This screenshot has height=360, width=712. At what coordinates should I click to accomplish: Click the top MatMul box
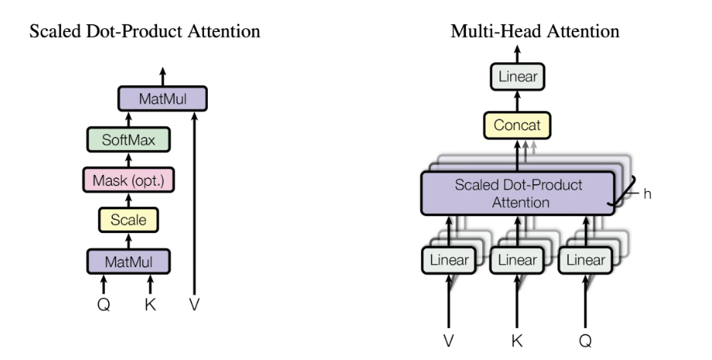(162, 99)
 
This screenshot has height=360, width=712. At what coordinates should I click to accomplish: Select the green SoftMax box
(129, 140)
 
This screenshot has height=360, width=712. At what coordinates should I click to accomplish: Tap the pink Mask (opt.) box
(129, 180)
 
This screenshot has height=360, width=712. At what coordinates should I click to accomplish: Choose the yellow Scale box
(129, 221)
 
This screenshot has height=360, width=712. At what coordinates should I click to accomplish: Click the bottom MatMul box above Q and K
(129, 262)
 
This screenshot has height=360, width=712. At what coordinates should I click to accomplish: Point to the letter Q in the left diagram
(104, 305)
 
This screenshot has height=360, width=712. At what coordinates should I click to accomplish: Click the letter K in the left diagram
(151, 305)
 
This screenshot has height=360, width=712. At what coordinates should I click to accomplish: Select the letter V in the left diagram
(196, 305)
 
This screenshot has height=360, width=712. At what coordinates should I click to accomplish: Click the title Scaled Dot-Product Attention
(145, 32)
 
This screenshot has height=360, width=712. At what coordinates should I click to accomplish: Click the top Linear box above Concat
(518, 76)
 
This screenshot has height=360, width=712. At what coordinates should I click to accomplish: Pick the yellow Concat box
(518, 125)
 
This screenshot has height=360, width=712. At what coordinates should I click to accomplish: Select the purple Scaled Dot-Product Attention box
(518, 193)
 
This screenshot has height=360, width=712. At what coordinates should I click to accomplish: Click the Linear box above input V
(449, 260)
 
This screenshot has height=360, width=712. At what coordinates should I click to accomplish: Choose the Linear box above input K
(518, 260)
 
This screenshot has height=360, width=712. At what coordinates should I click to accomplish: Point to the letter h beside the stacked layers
(647, 193)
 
